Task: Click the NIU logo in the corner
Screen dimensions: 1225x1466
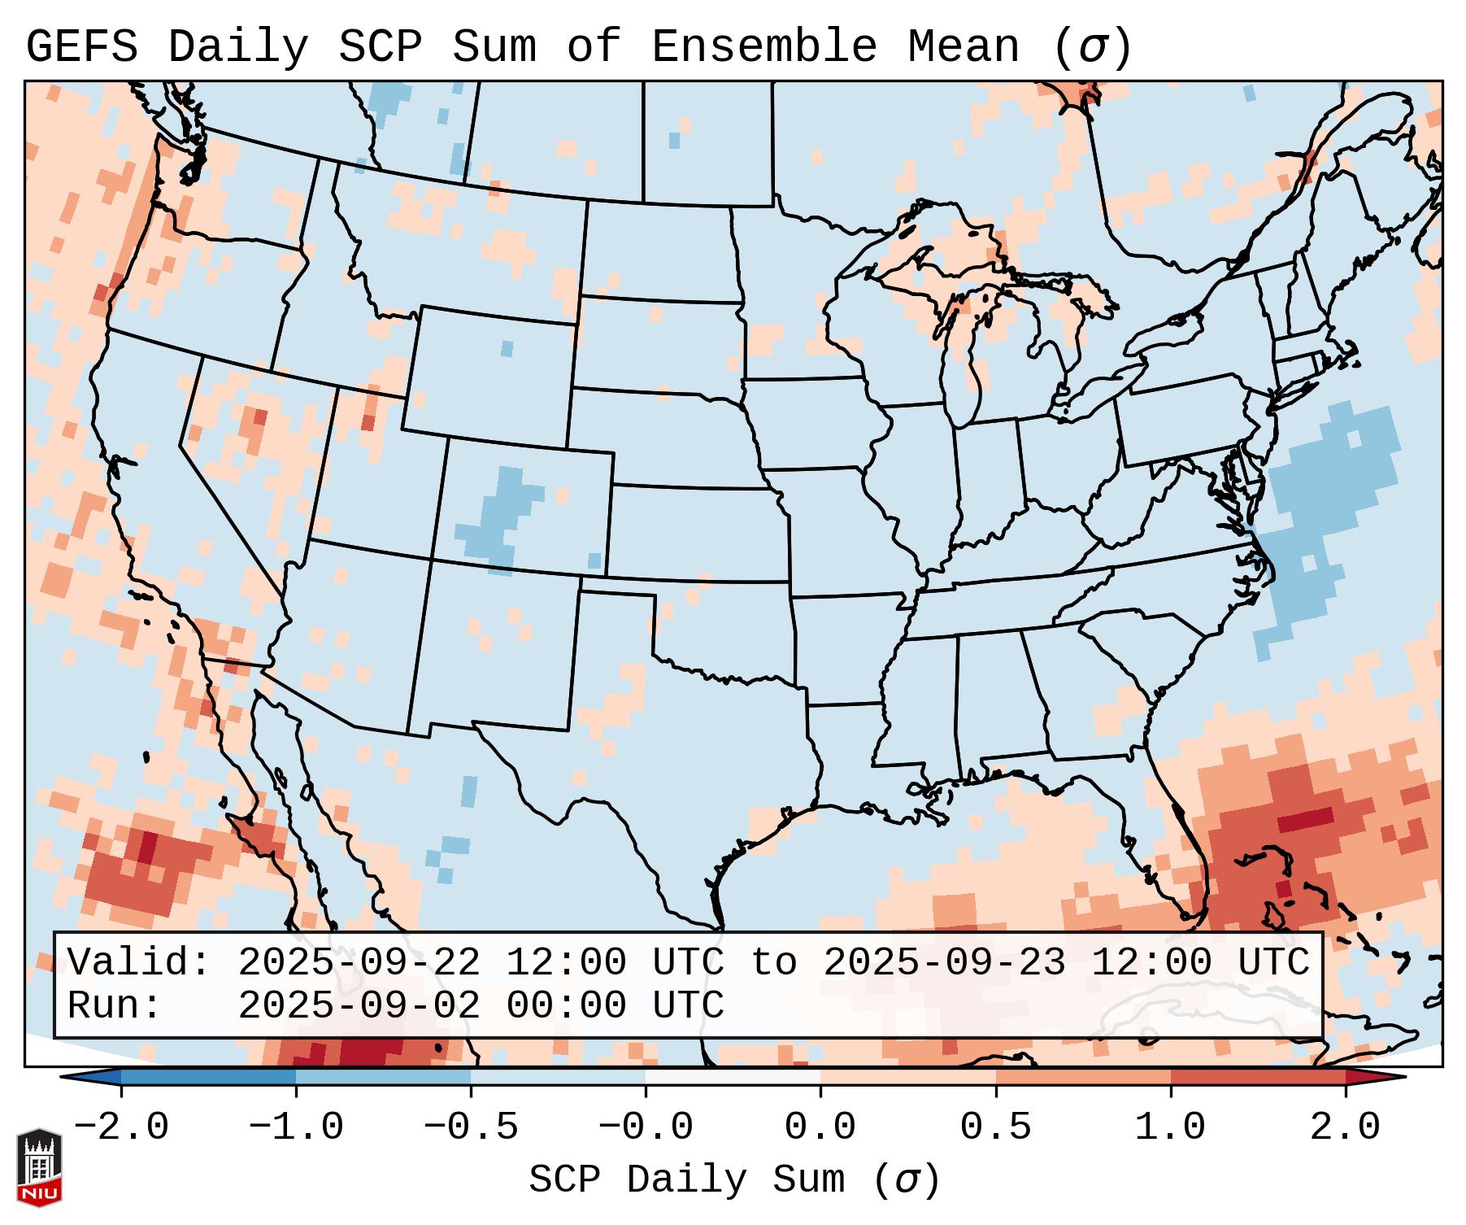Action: (39, 1167)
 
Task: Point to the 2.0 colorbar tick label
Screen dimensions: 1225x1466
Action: (1345, 1127)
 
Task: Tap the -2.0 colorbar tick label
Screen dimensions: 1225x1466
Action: (121, 1127)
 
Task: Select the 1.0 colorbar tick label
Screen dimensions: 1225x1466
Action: (1170, 1127)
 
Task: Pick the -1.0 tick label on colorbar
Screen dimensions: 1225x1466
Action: (296, 1127)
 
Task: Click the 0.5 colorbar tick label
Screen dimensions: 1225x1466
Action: (995, 1127)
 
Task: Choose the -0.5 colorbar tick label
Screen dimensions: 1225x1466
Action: (471, 1127)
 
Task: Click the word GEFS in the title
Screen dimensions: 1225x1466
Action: (82, 47)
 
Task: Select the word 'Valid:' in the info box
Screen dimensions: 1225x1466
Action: (139, 963)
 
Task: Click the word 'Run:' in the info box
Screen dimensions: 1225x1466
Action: (115, 1005)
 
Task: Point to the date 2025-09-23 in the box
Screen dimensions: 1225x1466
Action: (944, 963)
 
